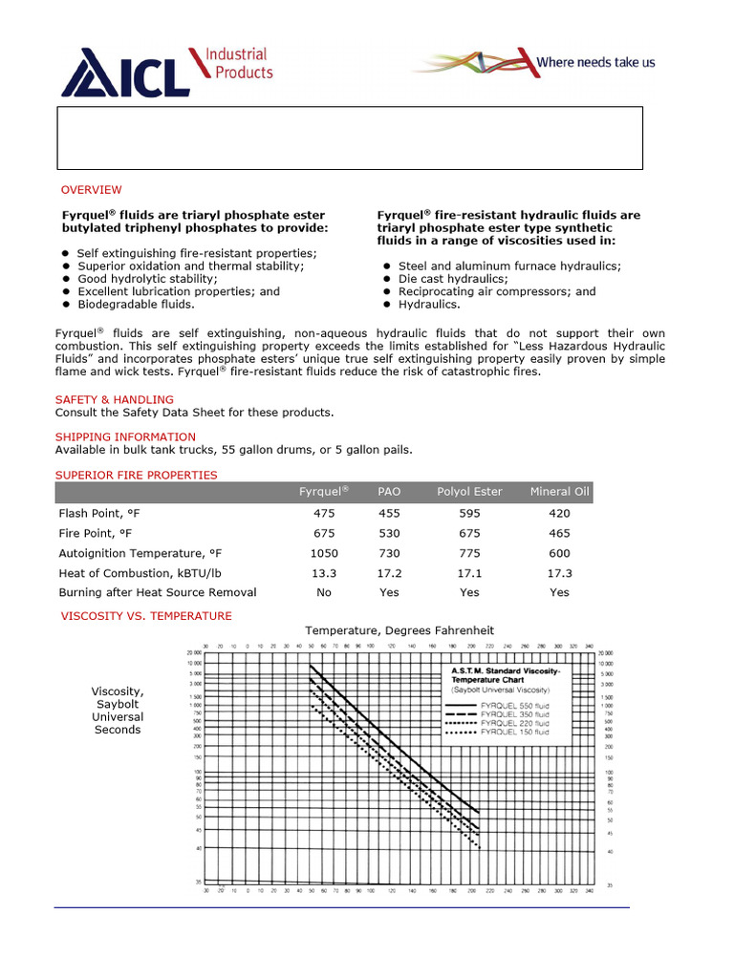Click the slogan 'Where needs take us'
pos(595,62)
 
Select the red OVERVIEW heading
pos(92,190)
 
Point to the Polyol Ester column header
pos(469,492)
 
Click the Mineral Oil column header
pos(560,492)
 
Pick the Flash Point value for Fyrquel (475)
pos(324,514)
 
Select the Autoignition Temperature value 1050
pos(324,553)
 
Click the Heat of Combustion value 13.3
pos(324,573)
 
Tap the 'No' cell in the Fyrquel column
pos(324,592)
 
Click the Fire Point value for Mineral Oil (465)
pos(560,533)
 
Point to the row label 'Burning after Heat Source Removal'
pos(158,592)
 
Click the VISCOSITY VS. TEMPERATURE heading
pos(146,616)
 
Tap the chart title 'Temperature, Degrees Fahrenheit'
pos(399,630)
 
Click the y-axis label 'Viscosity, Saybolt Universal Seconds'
pos(118,711)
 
